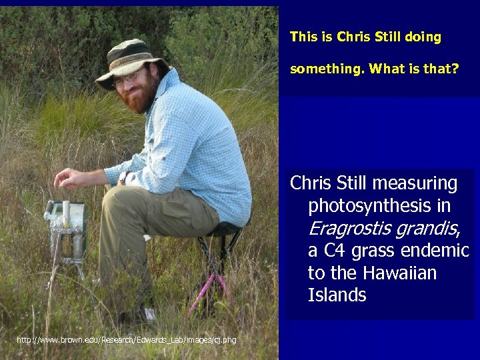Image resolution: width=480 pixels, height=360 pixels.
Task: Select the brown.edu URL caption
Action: tap(126, 341)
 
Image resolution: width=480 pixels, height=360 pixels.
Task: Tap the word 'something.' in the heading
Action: tap(327, 68)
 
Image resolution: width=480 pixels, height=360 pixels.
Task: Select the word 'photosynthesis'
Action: tap(379, 206)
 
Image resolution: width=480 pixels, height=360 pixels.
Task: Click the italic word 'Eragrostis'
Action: tap(349, 229)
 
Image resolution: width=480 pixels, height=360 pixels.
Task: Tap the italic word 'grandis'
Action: tap(428, 229)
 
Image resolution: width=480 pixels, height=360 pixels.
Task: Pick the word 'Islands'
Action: tap(337, 295)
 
